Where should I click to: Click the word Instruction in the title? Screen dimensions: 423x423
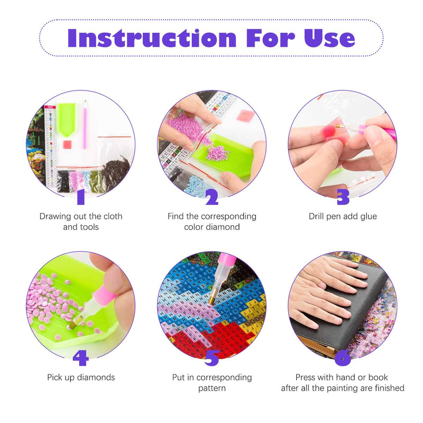(x=152, y=38)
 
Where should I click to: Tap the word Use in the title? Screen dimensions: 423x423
(x=329, y=38)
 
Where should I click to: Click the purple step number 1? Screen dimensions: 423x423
(x=81, y=197)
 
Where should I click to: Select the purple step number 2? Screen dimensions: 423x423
(x=212, y=197)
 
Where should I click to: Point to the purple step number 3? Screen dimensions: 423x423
(x=343, y=197)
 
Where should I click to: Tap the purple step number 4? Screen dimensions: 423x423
(x=81, y=358)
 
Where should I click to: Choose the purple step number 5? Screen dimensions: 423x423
(x=212, y=358)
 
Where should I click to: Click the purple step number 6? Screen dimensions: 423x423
(x=343, y=358)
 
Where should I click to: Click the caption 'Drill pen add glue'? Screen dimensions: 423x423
(x=343, y=216)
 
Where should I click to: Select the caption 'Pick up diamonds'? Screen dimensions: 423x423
(x=81, y=378)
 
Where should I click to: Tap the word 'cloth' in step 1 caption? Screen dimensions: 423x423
(x=113, y=216)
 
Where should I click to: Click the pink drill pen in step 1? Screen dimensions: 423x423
(x=85, y=124)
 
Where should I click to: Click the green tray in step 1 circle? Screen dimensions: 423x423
(x=67, y=119)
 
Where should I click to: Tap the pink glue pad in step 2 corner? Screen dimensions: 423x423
(x=245, y=115)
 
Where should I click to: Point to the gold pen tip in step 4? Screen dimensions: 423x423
(x=73, y=325)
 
